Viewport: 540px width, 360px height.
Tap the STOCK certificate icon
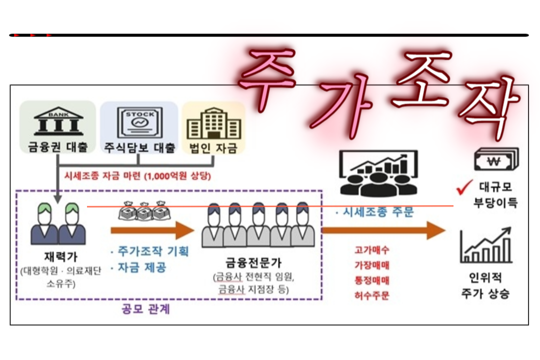(139, 122)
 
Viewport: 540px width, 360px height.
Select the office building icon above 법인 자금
(213, 123)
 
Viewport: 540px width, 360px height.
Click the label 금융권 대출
(58, 147)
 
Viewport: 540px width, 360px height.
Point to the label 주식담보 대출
(139, 148)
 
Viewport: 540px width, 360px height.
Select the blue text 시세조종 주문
(374, 212)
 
